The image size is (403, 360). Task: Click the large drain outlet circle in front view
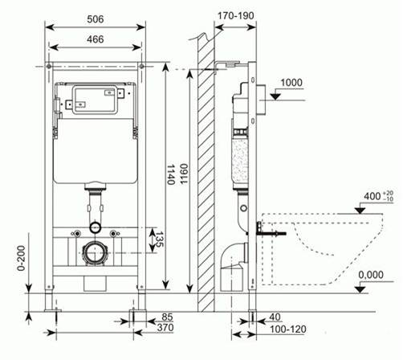[x=96, y=252]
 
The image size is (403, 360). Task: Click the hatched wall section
[x=206, y=177]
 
